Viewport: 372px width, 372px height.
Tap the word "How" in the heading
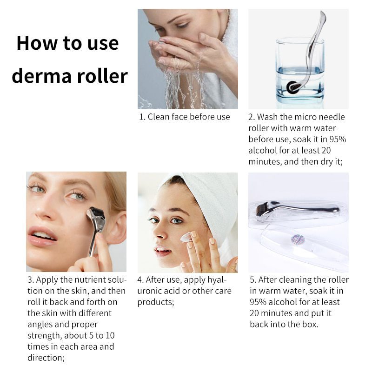coord(37,43)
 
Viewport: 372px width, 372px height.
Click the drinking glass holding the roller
coord(300,71)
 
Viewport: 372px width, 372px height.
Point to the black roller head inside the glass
coord(293,87)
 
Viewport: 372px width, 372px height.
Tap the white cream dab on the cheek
coord(186,238)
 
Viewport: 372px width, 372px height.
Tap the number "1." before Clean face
coord(142,117)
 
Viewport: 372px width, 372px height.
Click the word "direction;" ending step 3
coord(46,358)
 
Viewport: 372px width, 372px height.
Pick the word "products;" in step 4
coord(156,302)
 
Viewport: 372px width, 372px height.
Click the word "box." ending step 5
coord(310,324)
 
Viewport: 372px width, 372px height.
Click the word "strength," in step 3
coord(45,336)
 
